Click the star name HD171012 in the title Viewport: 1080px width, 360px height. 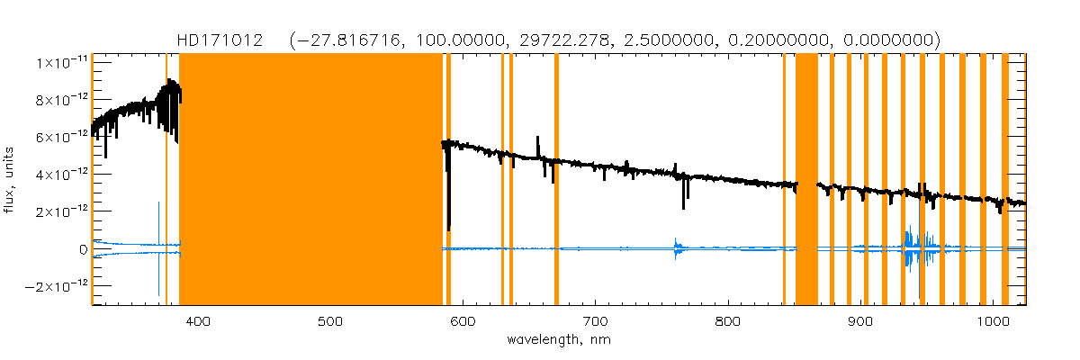coord(220,40)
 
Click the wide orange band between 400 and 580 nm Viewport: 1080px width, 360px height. coord(310,180)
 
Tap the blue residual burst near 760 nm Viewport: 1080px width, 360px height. coord(677,248)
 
